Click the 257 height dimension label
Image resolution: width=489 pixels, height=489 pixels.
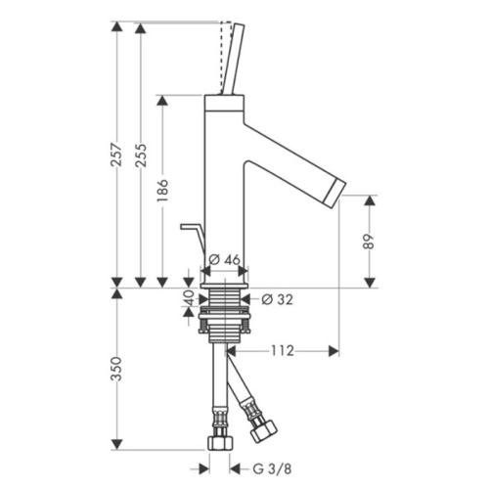(116, 155)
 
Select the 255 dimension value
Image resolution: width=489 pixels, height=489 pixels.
(141, 155)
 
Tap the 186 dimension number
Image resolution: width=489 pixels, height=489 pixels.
(162, 190)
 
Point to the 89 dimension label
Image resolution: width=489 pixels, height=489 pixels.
(369, 242)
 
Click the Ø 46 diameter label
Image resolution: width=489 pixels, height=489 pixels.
(224, 260)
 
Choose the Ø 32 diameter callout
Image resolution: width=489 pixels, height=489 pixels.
(277, 299)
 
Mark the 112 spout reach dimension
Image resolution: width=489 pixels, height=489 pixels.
(282, 351)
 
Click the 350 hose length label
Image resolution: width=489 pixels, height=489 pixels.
(116, 369)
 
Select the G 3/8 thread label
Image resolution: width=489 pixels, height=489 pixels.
(272, 469)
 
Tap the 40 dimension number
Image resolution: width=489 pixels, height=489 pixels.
(190, 298)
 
